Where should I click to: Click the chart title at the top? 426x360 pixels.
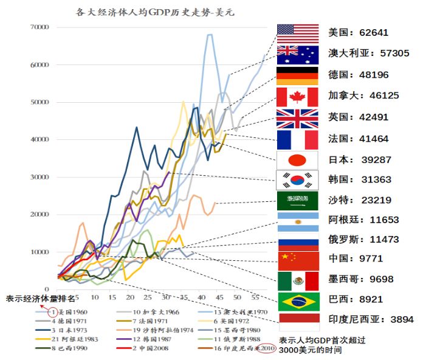click(149, 12)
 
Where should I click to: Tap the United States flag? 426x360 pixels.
click(297, 33)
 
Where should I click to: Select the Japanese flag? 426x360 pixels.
click(297, 160)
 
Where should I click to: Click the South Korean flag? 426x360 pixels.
click(297, 179)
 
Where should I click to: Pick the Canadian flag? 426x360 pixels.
click(297, 97)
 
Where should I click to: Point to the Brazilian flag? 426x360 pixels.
click(297, 301)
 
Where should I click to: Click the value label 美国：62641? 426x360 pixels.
click(358, 33)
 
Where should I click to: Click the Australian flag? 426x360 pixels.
click(297, 55)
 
